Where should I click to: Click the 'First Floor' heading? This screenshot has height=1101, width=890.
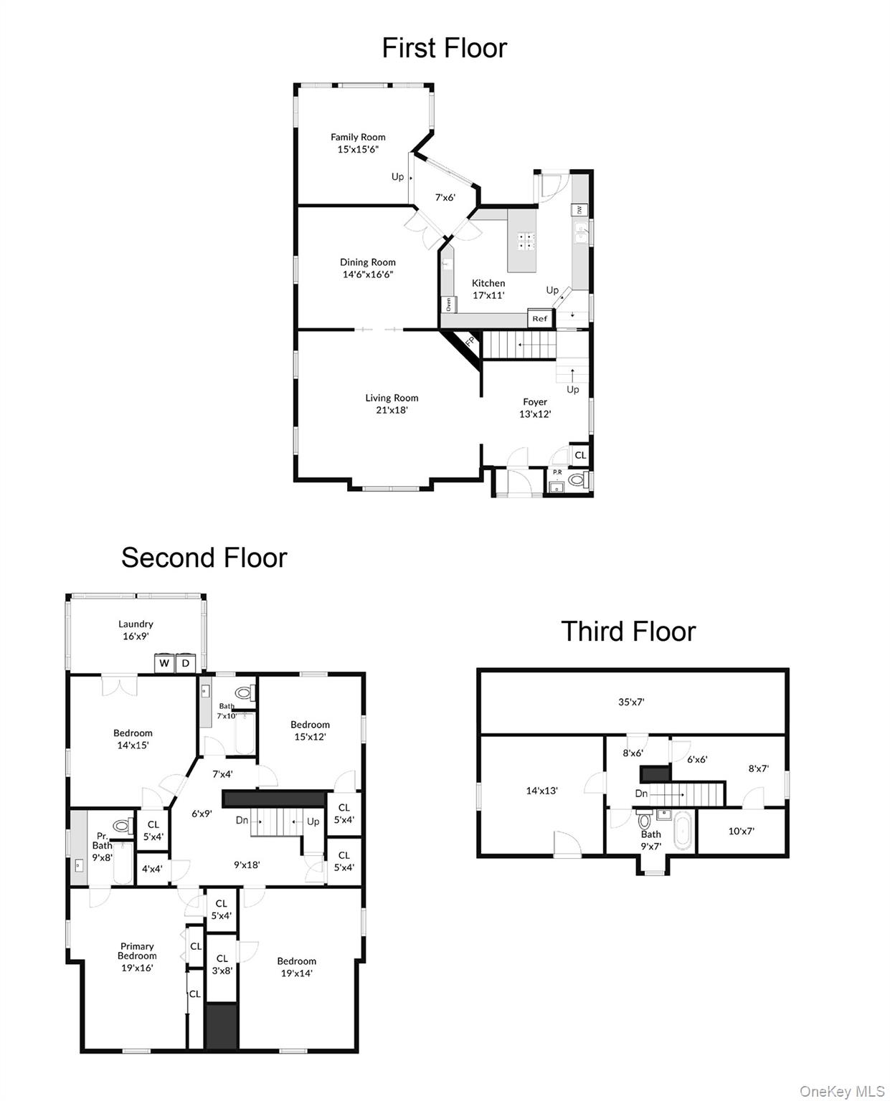(x=444, y=48)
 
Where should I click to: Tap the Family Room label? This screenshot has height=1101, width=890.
(x=358, y=143)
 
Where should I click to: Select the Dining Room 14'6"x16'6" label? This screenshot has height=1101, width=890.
(x=367, y=268)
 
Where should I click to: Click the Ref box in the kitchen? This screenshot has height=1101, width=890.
(x=540, y=318)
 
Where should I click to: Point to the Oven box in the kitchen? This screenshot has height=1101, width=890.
(x=449, y=304)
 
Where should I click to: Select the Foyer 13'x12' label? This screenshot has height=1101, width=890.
(x=535, y=408)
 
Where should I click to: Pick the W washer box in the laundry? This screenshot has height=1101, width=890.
(x=164, y=663)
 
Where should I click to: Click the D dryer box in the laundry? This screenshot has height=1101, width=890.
(x=186, y=663)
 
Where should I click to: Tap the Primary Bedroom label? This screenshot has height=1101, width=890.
(x=137, y=956)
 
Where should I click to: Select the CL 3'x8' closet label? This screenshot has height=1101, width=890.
(x=222, y=964)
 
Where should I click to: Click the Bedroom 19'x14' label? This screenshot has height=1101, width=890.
(x=296, y=967)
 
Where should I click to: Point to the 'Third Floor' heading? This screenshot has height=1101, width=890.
(x=628, y=631)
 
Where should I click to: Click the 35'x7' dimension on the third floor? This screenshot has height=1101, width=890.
(x=631, y=702)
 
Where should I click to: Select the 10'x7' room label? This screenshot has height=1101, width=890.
(x=741, y=831)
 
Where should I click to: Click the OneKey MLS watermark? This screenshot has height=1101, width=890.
(x=842, y=1091)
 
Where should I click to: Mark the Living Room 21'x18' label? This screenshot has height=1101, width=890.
(x=392, y=404)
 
